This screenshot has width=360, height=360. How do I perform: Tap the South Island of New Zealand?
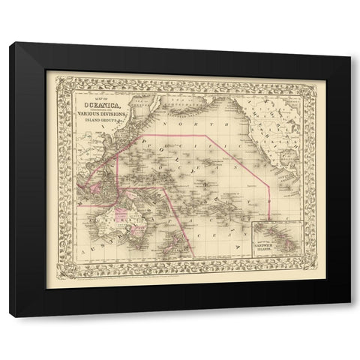tap(172, 243)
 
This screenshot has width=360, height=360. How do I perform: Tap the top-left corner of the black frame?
tap(10, 43)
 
